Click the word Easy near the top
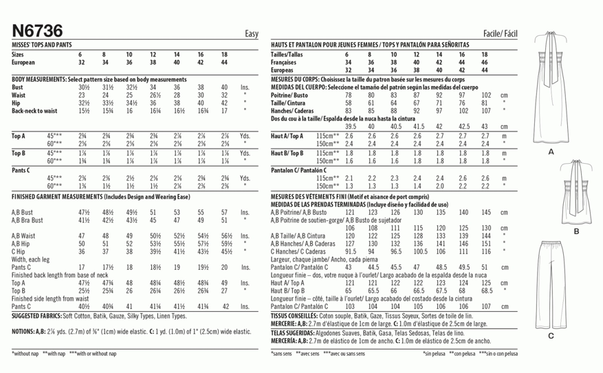tap(251, 33)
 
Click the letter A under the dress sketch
tap(550, 151)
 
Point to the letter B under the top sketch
tap(576, 232)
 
